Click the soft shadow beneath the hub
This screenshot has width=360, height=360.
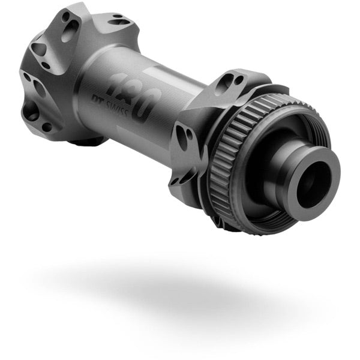click(x=180, y=282)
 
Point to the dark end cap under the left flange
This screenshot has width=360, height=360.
click(x=90, y=142)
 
